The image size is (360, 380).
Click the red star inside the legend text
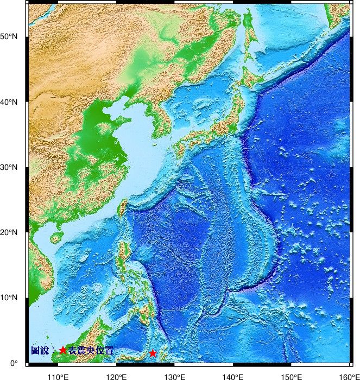(x=63, y=351)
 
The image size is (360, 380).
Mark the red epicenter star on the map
(x=153, y=353)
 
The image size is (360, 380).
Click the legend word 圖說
(x=40, y=351)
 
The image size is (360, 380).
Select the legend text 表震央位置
(x=91, y=351)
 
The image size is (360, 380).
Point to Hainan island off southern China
(x=56, y=238)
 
